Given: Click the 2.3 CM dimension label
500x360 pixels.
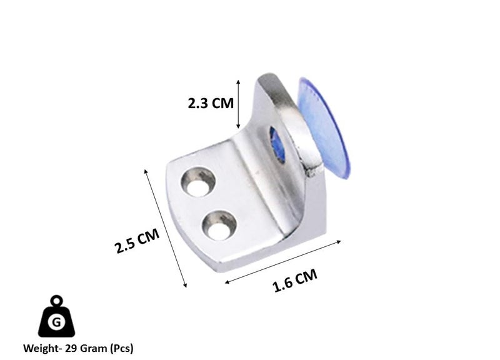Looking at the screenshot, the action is tap(211, 103).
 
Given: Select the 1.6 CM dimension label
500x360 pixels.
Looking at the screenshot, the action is tap(295, 280).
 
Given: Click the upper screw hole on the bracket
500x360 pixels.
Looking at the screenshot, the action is tap(198, 182).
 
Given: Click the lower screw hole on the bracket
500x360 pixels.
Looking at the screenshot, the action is tap(219, 225).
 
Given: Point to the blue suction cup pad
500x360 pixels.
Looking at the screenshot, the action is tap(324, 127).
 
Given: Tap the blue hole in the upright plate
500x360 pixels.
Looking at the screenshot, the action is tap(277, 144).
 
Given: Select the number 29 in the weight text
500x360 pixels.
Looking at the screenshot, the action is tap(71, 348).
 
